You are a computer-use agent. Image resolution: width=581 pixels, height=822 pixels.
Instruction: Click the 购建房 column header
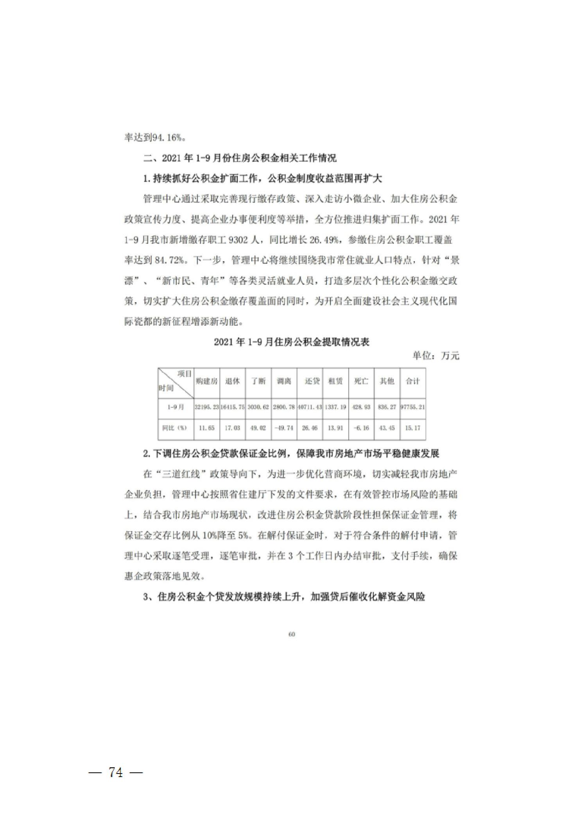coord(206,381)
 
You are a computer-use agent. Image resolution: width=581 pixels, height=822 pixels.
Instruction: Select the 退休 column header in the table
coord(232,381)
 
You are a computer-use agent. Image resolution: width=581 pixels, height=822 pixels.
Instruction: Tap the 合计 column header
coord(412,381)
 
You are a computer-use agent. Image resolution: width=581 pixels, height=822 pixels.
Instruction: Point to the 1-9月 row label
coord(176,407)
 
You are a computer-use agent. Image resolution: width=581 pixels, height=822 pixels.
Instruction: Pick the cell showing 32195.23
coord(206,407)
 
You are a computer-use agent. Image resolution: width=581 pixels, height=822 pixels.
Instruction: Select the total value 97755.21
coord(412,407)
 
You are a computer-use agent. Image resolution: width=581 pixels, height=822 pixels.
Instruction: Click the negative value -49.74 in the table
coord(284,428)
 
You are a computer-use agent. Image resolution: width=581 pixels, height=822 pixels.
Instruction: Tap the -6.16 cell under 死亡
coord(361,428)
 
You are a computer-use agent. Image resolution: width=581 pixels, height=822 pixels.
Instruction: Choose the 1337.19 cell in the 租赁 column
coord(335,407)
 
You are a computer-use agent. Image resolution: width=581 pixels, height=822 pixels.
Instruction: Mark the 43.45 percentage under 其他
coord(387,428)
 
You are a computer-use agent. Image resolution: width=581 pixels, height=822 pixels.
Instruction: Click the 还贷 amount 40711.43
coord(310,407)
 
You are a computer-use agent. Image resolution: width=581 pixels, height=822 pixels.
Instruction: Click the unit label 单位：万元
coord(436,356)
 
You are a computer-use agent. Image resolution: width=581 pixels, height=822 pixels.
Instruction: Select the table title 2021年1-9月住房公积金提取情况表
coord(291,342)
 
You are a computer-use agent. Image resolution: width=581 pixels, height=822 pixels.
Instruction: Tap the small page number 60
coord(291,634)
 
